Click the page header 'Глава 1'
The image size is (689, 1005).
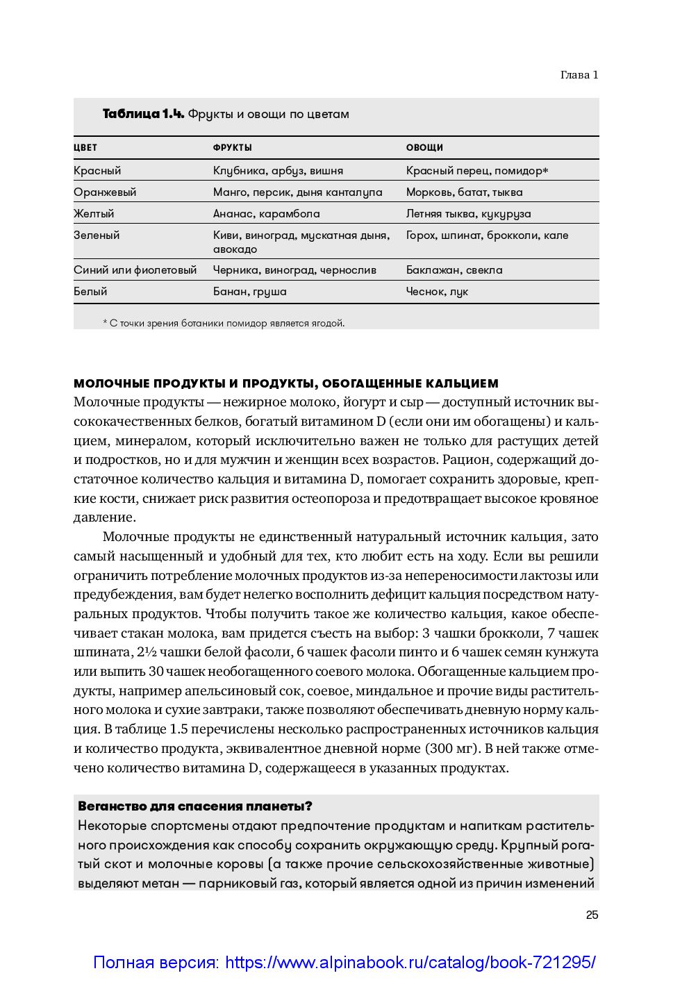point(579,75)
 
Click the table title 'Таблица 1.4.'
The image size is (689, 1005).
point(143,114)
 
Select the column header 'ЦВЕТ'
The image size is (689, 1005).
point(85,148)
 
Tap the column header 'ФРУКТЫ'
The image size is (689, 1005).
point(232,148)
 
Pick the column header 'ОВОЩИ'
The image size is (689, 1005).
point(424,148)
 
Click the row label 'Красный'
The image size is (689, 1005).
point(97,170)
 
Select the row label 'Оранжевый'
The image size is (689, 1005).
point(105,192)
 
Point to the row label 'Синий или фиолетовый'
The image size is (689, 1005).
point(135,269)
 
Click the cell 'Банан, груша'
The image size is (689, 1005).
point(249,292)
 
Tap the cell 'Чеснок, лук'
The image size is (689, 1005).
point(437,292)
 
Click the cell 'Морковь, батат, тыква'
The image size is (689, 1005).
point(464,192)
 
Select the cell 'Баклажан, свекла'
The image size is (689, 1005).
point(454,269)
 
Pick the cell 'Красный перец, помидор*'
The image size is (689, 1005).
point(477,170)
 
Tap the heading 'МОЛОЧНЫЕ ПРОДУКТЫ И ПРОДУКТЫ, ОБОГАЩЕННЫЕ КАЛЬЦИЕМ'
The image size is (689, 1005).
point(286,383)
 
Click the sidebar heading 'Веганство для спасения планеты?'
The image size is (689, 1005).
point(195,806)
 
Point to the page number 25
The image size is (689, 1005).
point(592,915)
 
